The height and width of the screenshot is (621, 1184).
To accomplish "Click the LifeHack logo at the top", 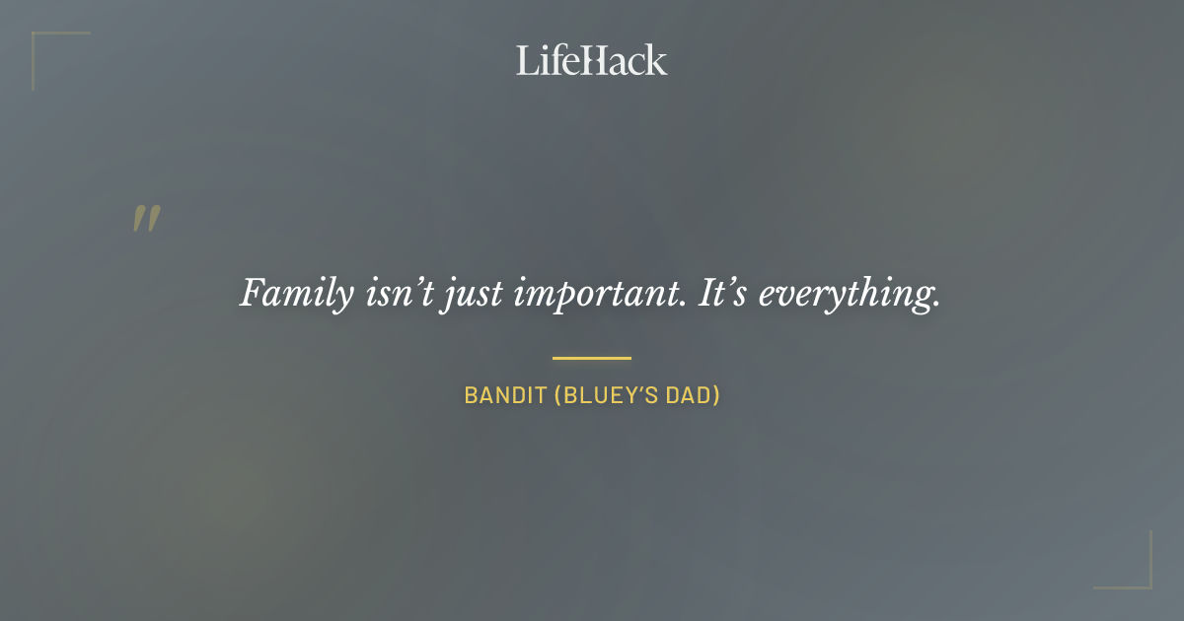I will click(591, 60).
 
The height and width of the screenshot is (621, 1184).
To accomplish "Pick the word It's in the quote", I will click(723, 293).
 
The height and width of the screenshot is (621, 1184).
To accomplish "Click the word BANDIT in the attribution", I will click(504, 396).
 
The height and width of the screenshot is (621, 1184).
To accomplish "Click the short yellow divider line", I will click(591, 358).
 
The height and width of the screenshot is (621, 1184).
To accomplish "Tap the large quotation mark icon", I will click(146, 219).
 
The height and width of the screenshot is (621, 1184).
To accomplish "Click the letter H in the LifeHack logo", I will click(590, 60).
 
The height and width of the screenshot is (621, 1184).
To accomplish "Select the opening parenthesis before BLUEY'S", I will click(557, 396).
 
